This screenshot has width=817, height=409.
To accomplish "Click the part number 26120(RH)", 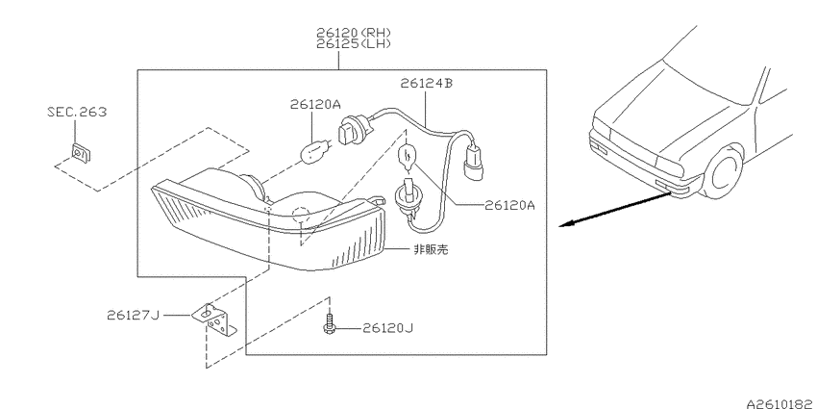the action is tap(354, 34).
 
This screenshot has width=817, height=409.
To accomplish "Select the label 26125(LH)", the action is tap(354, 44).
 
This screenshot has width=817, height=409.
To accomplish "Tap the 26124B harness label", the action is tap(426, 83).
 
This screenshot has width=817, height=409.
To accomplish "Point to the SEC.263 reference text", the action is tap(77, 112).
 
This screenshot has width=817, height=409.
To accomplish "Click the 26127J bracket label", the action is tap(133, 315).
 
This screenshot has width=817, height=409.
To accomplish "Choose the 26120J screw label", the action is tap(387, 328).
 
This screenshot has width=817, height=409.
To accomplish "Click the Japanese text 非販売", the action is tap(431, 250).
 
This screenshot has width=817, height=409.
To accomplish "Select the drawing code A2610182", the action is tap(781, 404).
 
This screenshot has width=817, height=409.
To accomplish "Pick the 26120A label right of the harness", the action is tap(509, 205).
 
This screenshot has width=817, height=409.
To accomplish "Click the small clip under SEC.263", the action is tap(80, 153).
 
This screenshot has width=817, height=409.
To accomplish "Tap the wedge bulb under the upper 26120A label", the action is tap(315, 150).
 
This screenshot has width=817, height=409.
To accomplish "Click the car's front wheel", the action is tap(725, 170).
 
